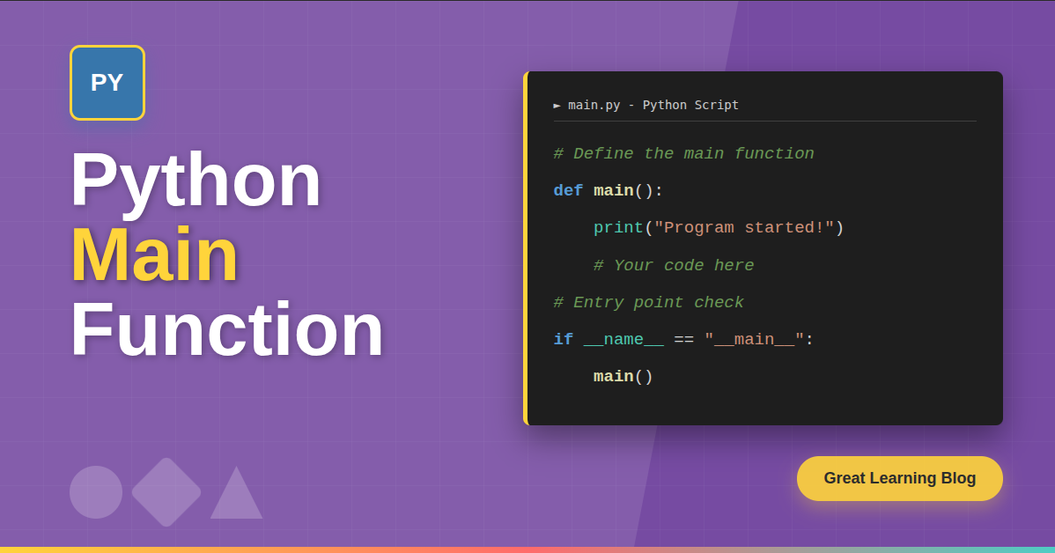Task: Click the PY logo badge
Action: point(107,83)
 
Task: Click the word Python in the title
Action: point(196,180)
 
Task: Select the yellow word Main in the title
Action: point(154,254)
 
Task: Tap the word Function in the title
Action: point(226,329)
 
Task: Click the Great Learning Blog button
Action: point(899,478)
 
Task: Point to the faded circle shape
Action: point(96,492)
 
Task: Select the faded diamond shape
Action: point(166,492)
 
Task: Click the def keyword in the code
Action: point(568,191)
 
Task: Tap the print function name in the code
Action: point(618,228)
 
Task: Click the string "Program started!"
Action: point(744,228)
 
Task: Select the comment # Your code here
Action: point(674,266)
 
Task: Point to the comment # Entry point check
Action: point(648,303)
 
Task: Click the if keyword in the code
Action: point(563,340)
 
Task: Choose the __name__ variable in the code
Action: point(623,340)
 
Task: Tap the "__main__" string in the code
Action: point(754,340)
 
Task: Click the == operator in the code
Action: point(683,340)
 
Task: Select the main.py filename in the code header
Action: point(594,105)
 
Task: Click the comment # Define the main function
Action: point(683,154)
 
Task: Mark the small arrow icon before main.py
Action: point(557,106)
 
